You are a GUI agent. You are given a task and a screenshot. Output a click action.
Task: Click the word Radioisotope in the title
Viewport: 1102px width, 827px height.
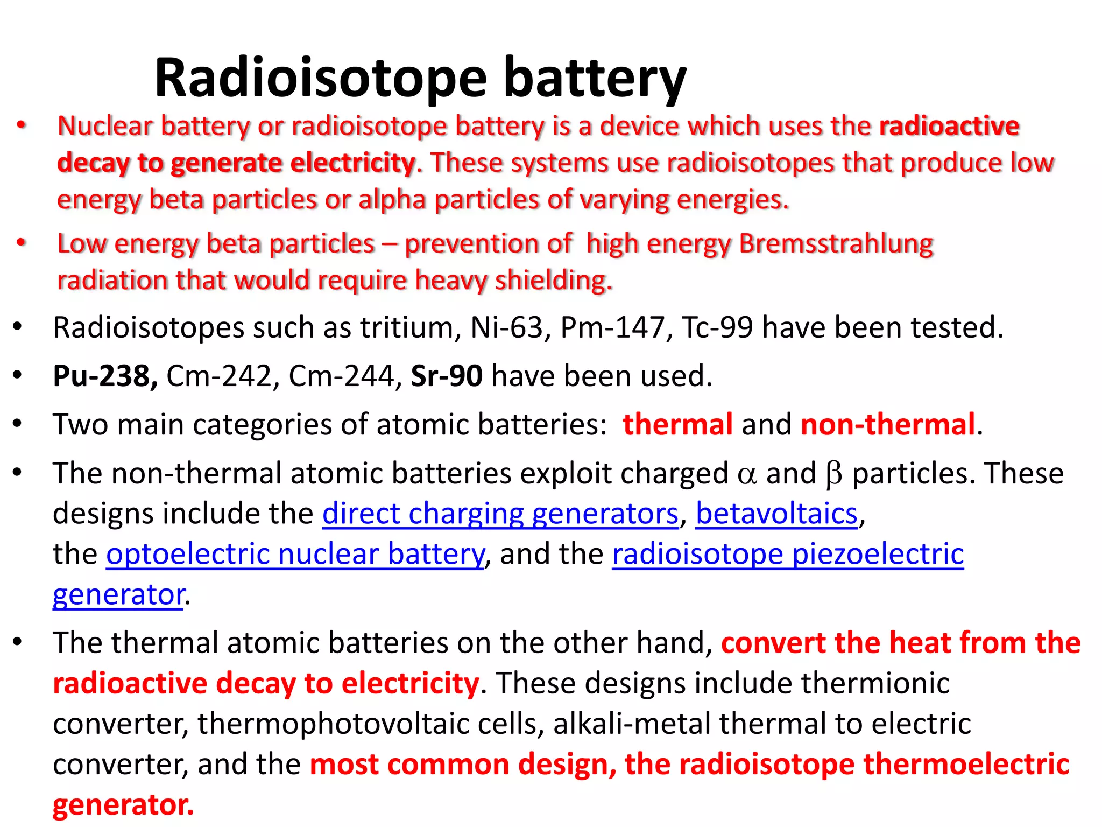point(321,79)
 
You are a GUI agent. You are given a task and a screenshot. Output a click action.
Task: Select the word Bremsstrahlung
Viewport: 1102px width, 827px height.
point(836,243)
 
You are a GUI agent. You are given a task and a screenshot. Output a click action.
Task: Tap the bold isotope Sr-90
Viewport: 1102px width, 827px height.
point(447,376)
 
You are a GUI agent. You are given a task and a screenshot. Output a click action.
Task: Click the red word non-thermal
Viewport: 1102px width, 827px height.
point(888,424)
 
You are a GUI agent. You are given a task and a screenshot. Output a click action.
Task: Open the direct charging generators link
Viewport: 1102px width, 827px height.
point(500,514)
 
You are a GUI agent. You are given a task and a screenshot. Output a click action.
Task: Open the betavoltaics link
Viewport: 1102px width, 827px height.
point(776,514)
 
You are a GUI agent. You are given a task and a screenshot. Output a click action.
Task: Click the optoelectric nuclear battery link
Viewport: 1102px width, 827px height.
point(295,554)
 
